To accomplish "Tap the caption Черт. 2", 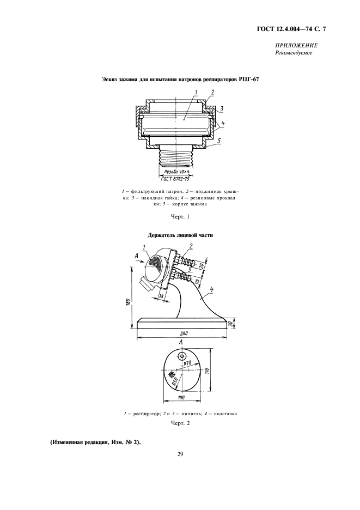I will [180, 423].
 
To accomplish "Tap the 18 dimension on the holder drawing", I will [161, 296].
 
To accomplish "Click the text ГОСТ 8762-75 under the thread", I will [175, 178].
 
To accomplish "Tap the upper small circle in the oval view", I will [182, 355].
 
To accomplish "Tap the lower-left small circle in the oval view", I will [173, 375].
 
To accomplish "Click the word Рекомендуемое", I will [296, 53].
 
